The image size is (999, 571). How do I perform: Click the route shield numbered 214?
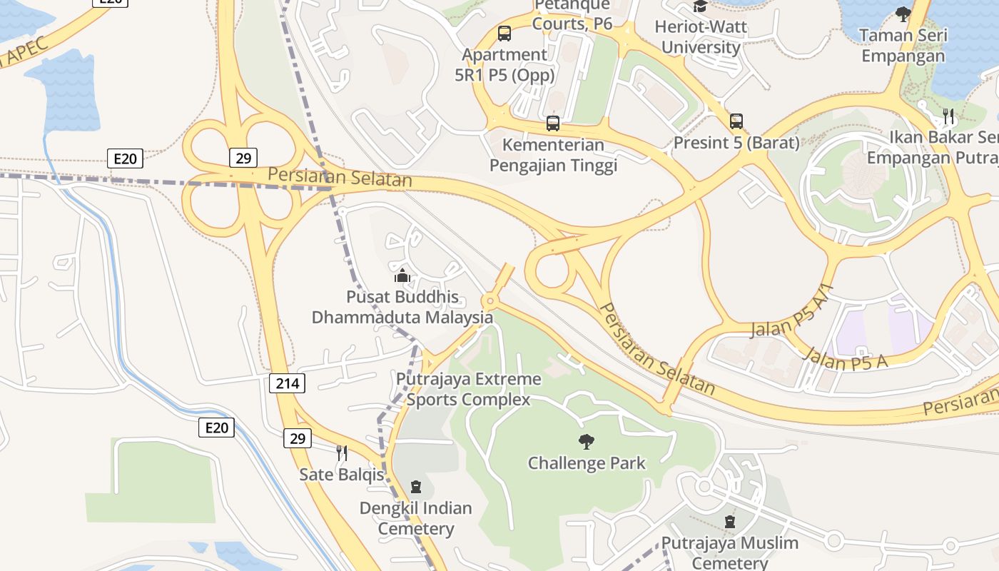[288, 383]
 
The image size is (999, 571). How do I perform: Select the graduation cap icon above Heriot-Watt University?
[700, 6]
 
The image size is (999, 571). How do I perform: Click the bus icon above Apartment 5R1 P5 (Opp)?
[504, 33]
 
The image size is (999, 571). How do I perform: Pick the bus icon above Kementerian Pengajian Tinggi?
[553, 123]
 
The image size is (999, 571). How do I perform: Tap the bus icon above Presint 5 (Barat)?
[736, 121]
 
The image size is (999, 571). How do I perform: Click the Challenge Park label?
[587, 463]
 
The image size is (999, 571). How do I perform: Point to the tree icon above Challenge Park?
[587, 442]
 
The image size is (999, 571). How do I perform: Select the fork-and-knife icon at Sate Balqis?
[342, 453]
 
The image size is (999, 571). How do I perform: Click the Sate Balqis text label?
[342, 474]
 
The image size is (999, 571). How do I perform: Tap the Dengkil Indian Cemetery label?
[416, 518]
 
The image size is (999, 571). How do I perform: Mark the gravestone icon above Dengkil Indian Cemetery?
[416, 487]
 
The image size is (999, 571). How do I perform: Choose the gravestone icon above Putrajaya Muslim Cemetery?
[730, 522]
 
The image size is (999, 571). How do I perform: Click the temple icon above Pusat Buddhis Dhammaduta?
[402, 276]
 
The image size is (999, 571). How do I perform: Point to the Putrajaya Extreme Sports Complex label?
[469, 389]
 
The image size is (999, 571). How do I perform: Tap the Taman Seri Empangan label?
[903, 45]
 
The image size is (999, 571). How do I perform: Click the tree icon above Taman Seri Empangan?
[903, 14]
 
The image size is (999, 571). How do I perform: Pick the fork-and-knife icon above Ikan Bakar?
[948, 116]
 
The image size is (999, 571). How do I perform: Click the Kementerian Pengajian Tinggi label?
[553, 155]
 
